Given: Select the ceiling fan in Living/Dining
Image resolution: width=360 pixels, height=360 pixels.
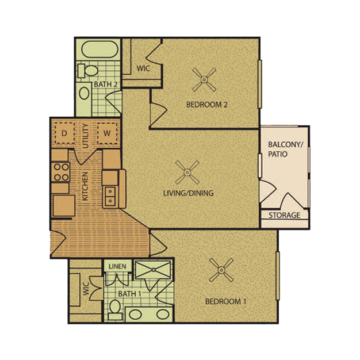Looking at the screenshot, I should tap(188, 171).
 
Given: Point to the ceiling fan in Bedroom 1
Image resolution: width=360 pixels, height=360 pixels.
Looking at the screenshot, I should tap(221, 269).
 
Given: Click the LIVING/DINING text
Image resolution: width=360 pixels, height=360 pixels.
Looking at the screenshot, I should tap(188, 193).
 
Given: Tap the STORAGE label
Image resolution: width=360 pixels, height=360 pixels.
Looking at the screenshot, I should tap(285, 216).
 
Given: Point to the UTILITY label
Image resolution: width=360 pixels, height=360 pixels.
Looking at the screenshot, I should tap(86, 136).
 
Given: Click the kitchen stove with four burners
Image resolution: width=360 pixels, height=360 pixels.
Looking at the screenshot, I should tap(62, 171).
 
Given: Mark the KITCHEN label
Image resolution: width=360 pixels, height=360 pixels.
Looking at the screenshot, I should tap(85, 186).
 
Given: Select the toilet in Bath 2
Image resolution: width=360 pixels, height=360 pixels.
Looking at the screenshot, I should tap(86, 71).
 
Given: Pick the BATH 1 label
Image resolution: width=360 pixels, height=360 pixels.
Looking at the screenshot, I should tap(130, 294).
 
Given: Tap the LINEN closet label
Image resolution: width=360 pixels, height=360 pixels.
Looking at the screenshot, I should tap(116, 266).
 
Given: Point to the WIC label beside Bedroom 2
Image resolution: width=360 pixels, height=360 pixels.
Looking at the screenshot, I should tap(143, 68).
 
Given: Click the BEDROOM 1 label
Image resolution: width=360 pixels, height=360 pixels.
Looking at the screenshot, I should tap(225, 301).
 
